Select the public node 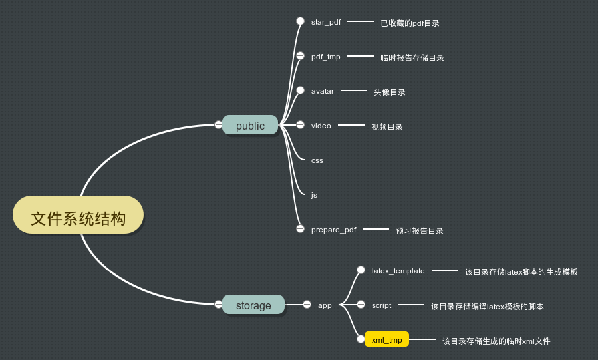(250, 125)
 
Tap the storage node (253, 305)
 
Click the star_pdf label (326, 21)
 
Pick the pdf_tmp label (325, 57)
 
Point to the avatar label (323, 90)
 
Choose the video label (321, 126)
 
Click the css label (317, 160)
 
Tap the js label (314, 195)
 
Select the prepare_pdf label (333, 230)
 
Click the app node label (325, 305)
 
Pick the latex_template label (398, 271)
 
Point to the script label (381, 305)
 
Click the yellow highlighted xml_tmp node (386, 340)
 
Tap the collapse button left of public (218, 124)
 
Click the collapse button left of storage (218, 304)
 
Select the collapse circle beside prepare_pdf (300, 229)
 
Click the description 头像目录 (389, 92)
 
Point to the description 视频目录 (386, 127)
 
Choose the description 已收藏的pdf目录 (410, 23)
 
